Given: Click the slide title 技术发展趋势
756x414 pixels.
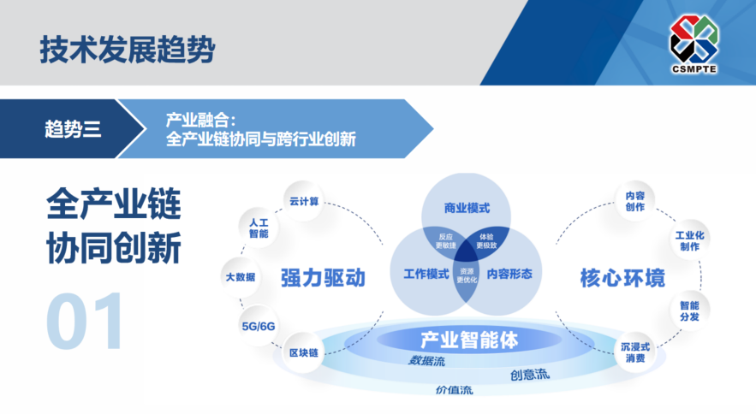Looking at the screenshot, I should (x=126, y=49).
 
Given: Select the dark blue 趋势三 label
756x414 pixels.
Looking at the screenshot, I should (x=73, y=129).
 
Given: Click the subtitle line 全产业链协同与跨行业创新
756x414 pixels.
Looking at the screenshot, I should (x=261, y=139).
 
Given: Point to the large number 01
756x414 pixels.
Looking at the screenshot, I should (x=85, y=323).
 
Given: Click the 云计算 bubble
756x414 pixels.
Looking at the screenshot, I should (x=303, y=202).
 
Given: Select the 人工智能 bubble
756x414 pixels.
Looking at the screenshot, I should (x=258, y=228).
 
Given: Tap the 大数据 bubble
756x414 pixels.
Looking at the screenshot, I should (x=241, y=277).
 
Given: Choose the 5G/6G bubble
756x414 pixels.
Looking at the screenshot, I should (x=259, y=326).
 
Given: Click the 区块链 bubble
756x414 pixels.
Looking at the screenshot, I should (x=303, y=352).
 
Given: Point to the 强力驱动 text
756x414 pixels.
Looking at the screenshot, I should (x=323, y=278).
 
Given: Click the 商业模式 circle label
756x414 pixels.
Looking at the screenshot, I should (x=467, y=208).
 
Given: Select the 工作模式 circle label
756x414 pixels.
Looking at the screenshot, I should (x=426, y=275).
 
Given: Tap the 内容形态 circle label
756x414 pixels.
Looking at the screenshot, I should (x=509, y=275).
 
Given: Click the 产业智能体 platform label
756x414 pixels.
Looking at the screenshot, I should (x=469, y=340).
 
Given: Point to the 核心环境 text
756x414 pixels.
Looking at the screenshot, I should (x=610, y=278).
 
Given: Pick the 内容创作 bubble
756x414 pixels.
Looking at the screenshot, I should (x=634, y=201).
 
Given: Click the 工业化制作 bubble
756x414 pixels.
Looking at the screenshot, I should (x=689, y=240).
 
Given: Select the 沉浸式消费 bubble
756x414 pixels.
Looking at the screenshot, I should (x=634, y=352).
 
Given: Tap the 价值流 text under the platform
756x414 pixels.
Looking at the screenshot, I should (x=454, y=390).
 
